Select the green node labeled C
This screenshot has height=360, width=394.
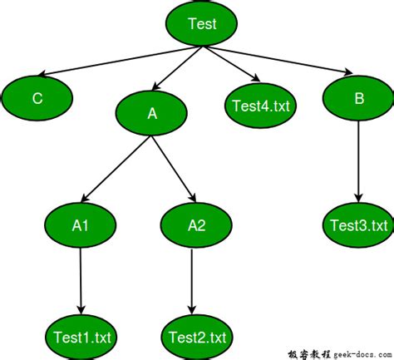37,99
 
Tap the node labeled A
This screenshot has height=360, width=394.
152,115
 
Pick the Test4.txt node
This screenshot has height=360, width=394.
261,106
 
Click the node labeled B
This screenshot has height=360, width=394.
359,98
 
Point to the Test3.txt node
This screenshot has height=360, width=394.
358,225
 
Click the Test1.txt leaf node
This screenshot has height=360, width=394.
81,337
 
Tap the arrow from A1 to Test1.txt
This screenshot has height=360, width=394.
81,279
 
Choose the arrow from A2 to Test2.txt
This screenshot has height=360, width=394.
193,279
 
